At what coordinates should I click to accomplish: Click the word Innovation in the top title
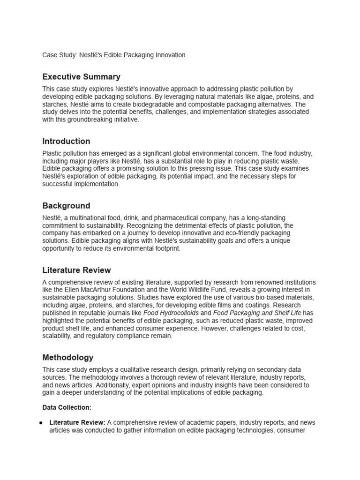click(169, 55)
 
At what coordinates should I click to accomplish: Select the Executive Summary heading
click(81, 77)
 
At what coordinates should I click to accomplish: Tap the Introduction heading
click(66, 141)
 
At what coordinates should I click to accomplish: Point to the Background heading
click(66, 206)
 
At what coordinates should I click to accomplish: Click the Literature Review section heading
click(76, 270)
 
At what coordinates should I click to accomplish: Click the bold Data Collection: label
click(67, 408)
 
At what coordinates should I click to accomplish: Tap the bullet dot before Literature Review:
click(42, 422)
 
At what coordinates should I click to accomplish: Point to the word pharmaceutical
click(176, 218)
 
